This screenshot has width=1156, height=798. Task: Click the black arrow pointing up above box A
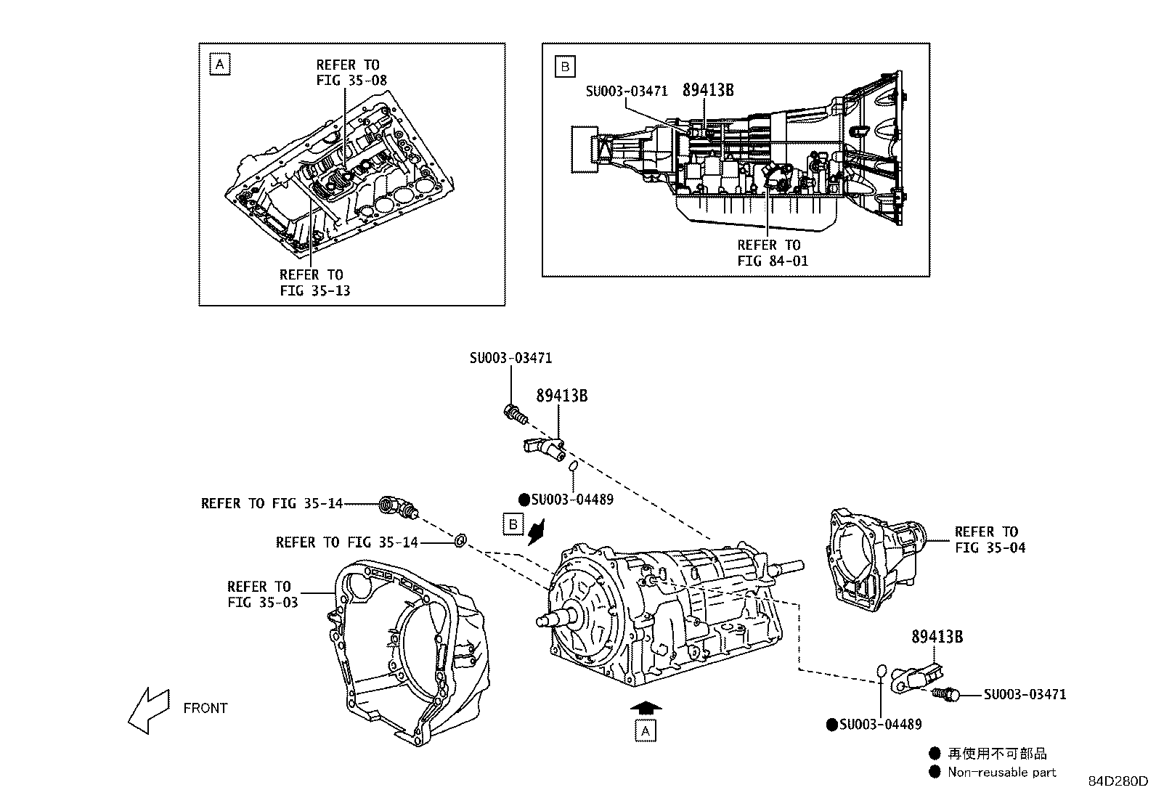[646, 707]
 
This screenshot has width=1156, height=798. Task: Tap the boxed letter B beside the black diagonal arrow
[513, 524]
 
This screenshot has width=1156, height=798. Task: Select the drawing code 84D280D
[1118, 782]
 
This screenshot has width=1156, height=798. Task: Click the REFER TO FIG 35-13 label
[312, 282]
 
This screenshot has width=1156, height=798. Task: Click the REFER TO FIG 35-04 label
[990, 540]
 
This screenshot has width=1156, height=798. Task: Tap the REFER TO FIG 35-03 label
[260, 594]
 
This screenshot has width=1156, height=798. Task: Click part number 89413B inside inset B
[707, 90]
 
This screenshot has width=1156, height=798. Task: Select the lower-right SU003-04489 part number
[880, 725]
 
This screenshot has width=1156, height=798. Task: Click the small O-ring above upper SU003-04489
[572, 465]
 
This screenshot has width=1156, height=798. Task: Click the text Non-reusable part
[1001, 773]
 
